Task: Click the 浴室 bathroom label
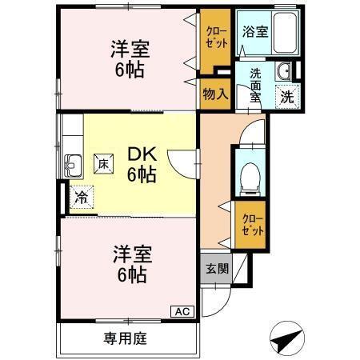click(255, 32)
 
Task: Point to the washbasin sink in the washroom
click(283, 73)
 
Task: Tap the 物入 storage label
click(215, 94)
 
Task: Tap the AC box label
click(182, 310)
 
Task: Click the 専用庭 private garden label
click(125, 337)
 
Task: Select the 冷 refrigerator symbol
click(82, 194)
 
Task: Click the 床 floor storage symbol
click(104, 162)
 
